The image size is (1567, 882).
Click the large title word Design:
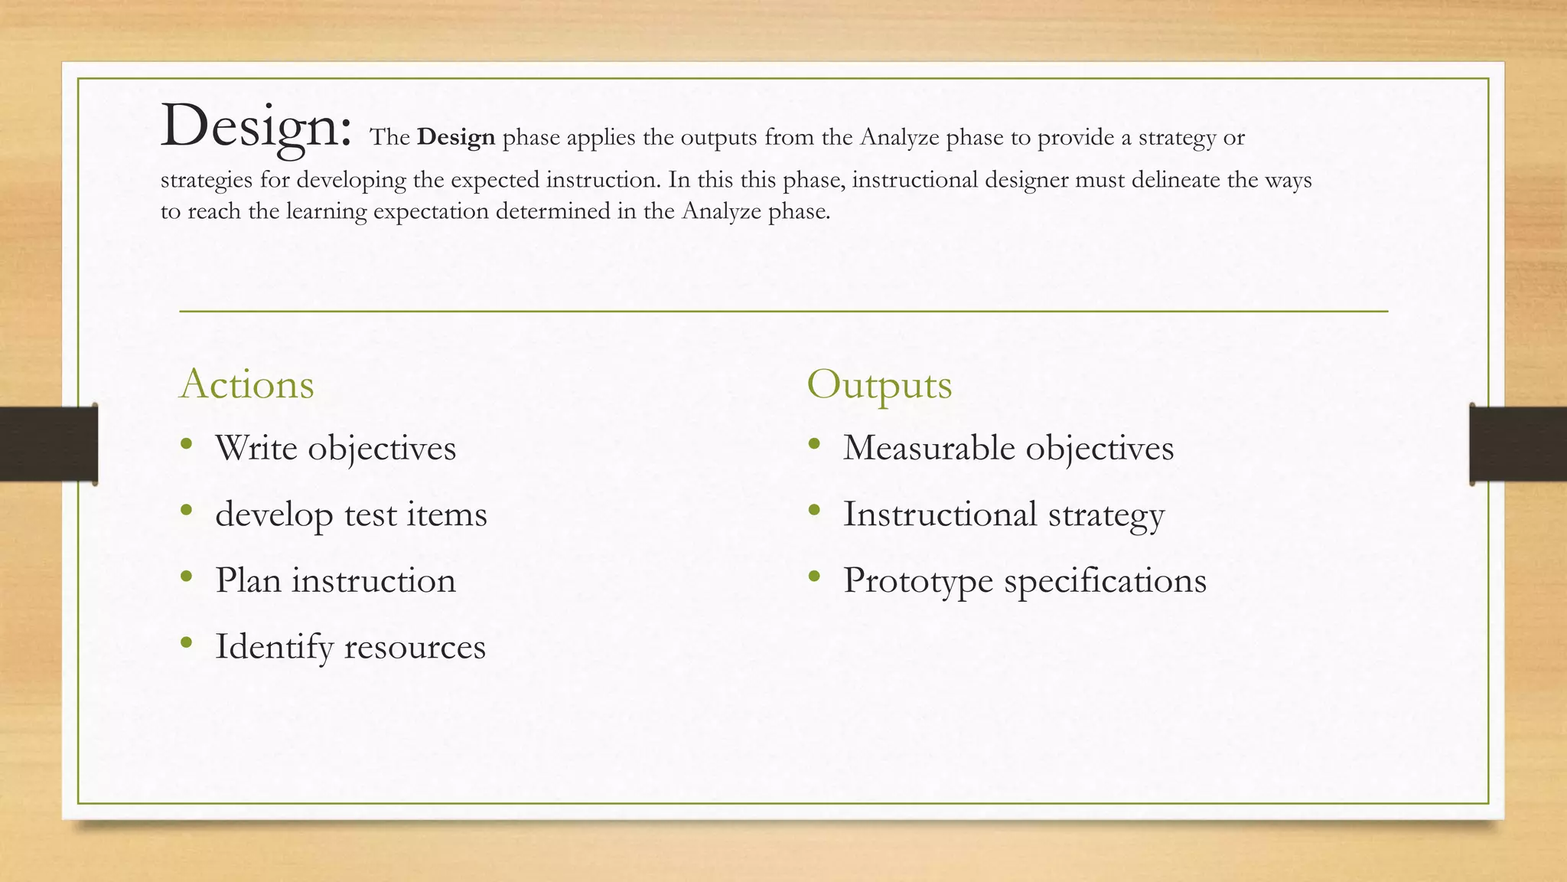pyautogui.click(x=256, y=126)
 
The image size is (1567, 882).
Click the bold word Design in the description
pyautogui.click(x=456, y=138)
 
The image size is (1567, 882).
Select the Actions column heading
pyautogui.click(x=246, y=384)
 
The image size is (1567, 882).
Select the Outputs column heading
pyautogui.click(x=879, y=384)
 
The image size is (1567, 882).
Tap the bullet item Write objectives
pyautogui.click(x=335, y=448)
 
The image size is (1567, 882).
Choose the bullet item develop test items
pyautogui.click(x=350, y=514)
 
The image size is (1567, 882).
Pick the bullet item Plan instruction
pyautogui.click(x=335, y=580)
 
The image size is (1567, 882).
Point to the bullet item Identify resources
pyautogui.click(x=350, y=647)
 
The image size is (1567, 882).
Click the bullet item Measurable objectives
pyautogui.click(x=1008, y=448)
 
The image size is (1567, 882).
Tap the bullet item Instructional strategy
pyautogui.click(x=1003, y=514)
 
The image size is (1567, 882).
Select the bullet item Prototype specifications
pyautogui.click(x=1025, y=580)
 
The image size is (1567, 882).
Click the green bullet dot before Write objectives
pyautogui.click(x=186, y=443)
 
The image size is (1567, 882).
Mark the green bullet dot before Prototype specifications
pyautogui.click(x=813, y=576)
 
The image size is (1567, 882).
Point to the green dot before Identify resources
pyautogui.click(x=186, y=642)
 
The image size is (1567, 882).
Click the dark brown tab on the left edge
pyautogui.click(x=48, y=444)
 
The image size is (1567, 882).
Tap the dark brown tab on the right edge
pyautogui.click(x=1518, y=444)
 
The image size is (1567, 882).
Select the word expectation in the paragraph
pyautogui.click(x=430, y=211)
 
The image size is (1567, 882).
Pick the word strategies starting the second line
pyautogui.click(x=206, y=180)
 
